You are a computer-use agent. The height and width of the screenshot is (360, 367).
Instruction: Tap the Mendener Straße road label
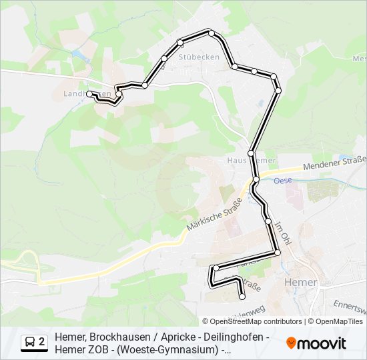coord(334,164)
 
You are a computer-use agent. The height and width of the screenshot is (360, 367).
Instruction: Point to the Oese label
coord(283,180)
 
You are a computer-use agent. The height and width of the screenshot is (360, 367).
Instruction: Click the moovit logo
coord(316,343)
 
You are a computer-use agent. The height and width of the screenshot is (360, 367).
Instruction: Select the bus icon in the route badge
coord(30,342)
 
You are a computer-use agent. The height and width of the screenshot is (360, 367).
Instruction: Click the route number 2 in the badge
coord(42,342)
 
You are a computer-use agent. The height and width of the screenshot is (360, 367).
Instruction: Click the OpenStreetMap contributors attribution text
coord(256,321)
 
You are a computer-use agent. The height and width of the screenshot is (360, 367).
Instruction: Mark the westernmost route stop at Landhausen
coord(89,93)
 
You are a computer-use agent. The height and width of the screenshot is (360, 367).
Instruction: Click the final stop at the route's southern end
coord(242,297)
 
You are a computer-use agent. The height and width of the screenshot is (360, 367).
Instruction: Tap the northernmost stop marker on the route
coord(211,33)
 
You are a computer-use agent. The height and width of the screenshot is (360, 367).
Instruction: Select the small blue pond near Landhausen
coord(78,55)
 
